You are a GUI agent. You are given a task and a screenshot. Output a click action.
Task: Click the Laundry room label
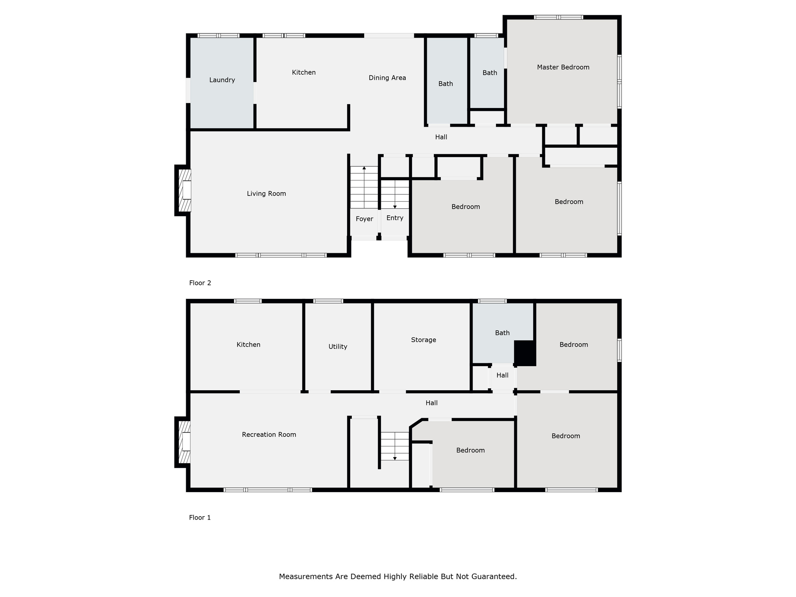pyautogui.click(x=222, y=80)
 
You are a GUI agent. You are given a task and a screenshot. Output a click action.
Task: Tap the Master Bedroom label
pyautogui.click(x=563, y=67)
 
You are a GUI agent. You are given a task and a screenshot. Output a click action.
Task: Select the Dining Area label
pyautogui.click(x=387, y=78)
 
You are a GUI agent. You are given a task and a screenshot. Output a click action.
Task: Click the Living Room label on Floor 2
pyautogui.click(x=266, y=194)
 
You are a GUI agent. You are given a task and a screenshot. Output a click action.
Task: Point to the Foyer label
pyautogui.click(x=364, y=219)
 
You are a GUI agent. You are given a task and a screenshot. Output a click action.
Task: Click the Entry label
pyautogui.click(x=395, y=218)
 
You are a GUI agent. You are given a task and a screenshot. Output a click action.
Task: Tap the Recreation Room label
pyautogui.click(x=269, y=435)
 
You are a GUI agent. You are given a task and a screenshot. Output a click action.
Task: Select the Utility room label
pyautogui.click(x=338, y=347)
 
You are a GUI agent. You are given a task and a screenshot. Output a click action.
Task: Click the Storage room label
pyautogui.click(x=423, y=340)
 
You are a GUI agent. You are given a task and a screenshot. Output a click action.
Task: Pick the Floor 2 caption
pyautogui.click(x=200, y=283)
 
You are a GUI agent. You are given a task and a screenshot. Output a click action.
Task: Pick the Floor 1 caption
pyautogui.click(x=200, y=518)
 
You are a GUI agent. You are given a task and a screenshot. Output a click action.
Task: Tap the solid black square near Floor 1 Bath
pyautogui.click(x=525, y=353)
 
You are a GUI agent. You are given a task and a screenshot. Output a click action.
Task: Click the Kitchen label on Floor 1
pyautogui.click(x=248, y=345)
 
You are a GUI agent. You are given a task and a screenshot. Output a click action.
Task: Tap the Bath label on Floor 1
pyautogui.click(x=502, y=333)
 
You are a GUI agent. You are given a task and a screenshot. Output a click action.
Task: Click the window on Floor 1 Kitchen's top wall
pyautogui.click(x=248, y=301)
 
